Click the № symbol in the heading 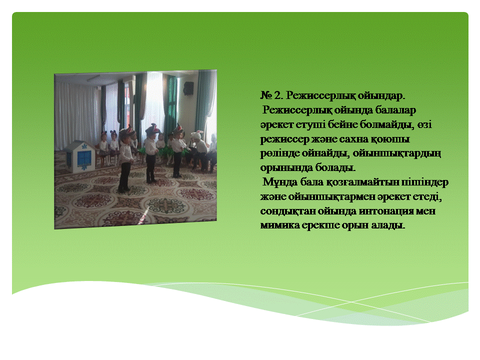266,95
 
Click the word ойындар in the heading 381,96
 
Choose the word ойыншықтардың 396,153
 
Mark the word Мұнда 280,182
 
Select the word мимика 280,225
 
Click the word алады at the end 388,225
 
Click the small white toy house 80,156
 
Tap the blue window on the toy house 84,157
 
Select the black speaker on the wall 188,88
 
